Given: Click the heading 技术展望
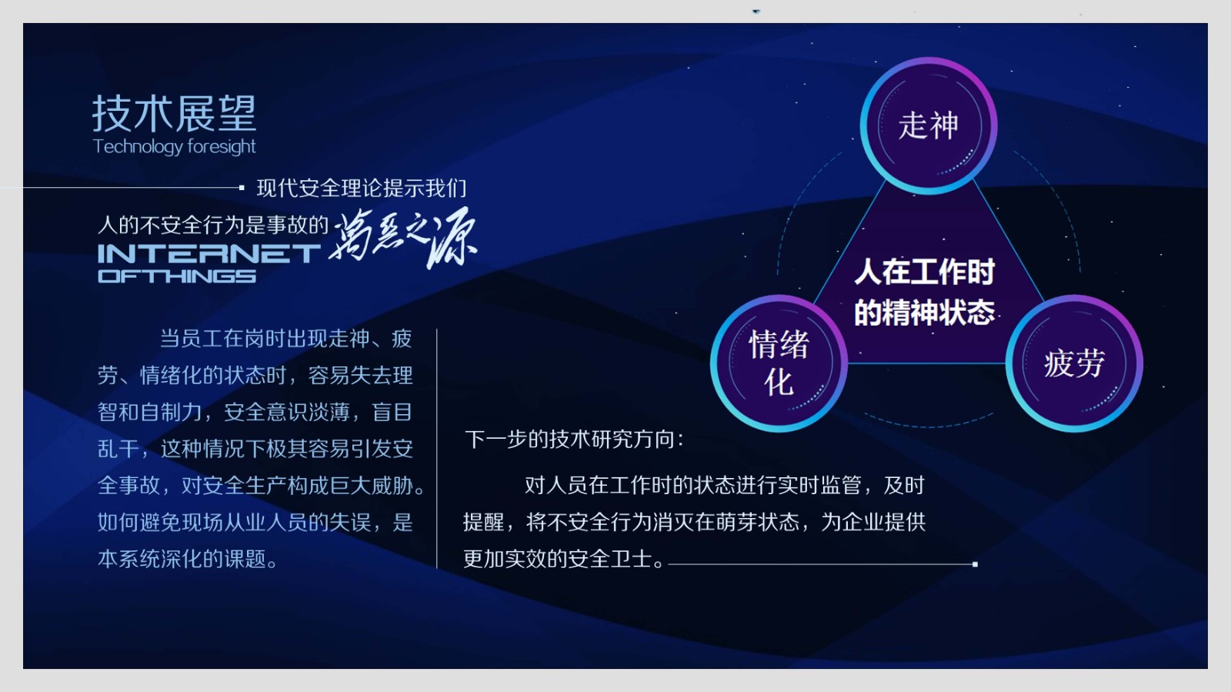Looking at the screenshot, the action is pos(174,113).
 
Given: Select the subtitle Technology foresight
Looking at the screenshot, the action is pos(174,147).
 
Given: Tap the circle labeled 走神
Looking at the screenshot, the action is pos(928,126).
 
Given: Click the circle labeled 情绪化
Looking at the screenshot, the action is pos(779,363).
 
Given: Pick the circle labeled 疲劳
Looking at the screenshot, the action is pos(1074,363).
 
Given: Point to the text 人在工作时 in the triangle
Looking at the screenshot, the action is pos(924,272).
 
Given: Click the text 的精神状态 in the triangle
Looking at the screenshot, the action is pos(924,313).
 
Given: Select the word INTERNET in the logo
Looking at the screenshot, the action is pos(209,254).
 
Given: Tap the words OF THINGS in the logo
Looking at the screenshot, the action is pos(177,276).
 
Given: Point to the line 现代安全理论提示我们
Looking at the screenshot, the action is pos(362,188).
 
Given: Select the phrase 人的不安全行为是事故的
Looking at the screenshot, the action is pos(213,225).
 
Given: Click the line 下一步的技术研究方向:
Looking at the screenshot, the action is pos(574,440).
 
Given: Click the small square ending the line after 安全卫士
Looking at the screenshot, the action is pos(975,564).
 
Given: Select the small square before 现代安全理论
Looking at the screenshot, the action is pos(242,188).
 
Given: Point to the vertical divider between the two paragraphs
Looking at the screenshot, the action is pos(437,449).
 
